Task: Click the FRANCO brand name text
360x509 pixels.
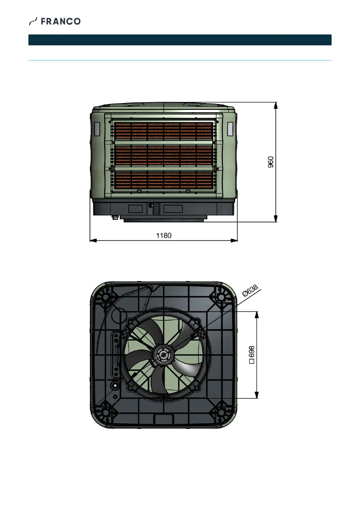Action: pyautogui.click(x=61, y=21)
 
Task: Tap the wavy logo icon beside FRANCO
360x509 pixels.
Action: pyautogui.click(x=33, y=21)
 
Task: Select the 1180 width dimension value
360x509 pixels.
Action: pyautogui.click(x=164, y=235)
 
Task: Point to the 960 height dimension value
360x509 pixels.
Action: pyautogui.click(x=271, y=162)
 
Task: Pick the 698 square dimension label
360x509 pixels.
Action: pyautogui.click(x=251, y=355)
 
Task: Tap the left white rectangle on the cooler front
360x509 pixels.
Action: pyautogui.click(x=97, y=129)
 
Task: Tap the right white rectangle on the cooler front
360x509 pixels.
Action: pyautogui.click(x=230, y=129)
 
